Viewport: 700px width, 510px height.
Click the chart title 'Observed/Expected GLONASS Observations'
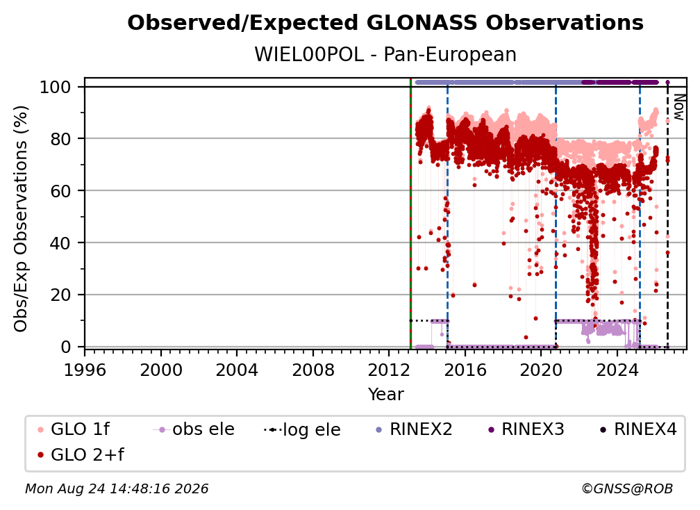tap(385, 23)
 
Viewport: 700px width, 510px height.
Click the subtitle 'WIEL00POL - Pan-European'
tap(385, 55)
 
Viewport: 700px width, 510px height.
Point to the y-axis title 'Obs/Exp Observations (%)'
tap(21, 219)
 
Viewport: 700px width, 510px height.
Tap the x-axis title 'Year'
tap(385, 395)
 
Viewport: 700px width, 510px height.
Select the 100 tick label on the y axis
tap(56, 87)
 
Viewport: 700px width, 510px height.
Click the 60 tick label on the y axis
tap(60, 191)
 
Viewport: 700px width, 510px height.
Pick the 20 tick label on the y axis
tap(60, 295)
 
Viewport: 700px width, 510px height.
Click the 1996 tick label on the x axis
tap(85, 370)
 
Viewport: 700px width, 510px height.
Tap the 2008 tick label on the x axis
tap(313, 370)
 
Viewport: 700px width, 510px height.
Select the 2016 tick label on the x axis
tap(465, 370)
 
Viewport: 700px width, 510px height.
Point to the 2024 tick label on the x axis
tap(617, 370)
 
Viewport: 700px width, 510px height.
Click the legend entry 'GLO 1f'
tap(74, 429)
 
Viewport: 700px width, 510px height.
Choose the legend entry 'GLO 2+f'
tap(81, 454)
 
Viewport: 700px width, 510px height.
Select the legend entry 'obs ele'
tap(194, 429)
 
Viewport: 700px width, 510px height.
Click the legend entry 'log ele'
tap(302, 429)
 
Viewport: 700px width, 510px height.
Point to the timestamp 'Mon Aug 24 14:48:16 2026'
tap(117, 488)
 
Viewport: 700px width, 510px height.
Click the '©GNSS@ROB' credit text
tap(627, 488)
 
